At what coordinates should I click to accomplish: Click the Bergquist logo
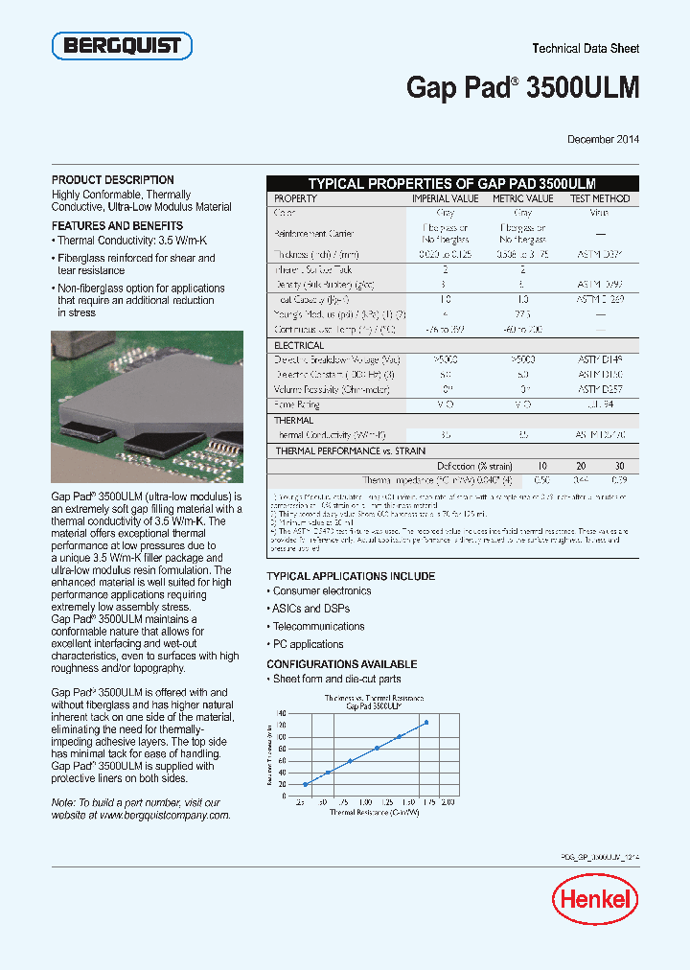click(x=122, y=45)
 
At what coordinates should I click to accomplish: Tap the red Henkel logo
click(x=594, y=899)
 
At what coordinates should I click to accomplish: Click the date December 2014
click(x=603, y=140)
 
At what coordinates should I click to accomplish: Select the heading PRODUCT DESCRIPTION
click(x=112, y=180)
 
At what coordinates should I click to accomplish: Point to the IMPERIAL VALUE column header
click(x=445, y=198)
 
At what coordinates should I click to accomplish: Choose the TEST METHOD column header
click(x=600, y=198)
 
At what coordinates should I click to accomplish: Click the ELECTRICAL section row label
click(x=299, y=345)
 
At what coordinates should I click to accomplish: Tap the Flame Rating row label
click(x=297, y=405)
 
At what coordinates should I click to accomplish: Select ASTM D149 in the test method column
click(x=600, y=359)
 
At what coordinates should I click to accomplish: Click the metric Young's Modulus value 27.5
click(x=523, y=314)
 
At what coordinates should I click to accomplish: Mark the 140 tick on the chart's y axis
click(x=281, y=714)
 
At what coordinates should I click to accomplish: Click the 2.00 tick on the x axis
click(x=448, y=800)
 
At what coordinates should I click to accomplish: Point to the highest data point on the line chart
click(x=425, y=723)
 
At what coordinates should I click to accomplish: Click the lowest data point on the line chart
click(x=306, y=784)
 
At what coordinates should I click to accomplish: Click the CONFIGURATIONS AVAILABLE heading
click(x=341, y=664)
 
